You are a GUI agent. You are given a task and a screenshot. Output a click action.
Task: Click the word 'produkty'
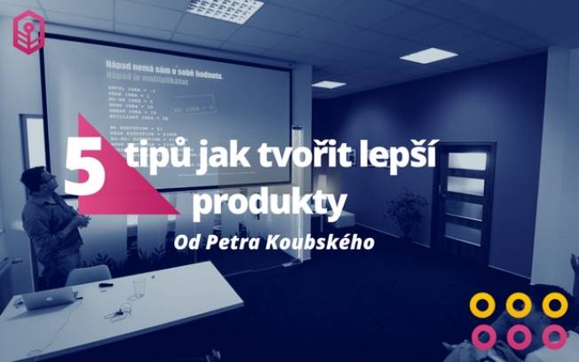click(x=269, y=202)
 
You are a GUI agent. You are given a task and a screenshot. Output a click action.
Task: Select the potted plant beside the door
click(x=407, y=213)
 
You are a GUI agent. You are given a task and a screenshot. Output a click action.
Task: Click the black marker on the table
click(x=106, y=285)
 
